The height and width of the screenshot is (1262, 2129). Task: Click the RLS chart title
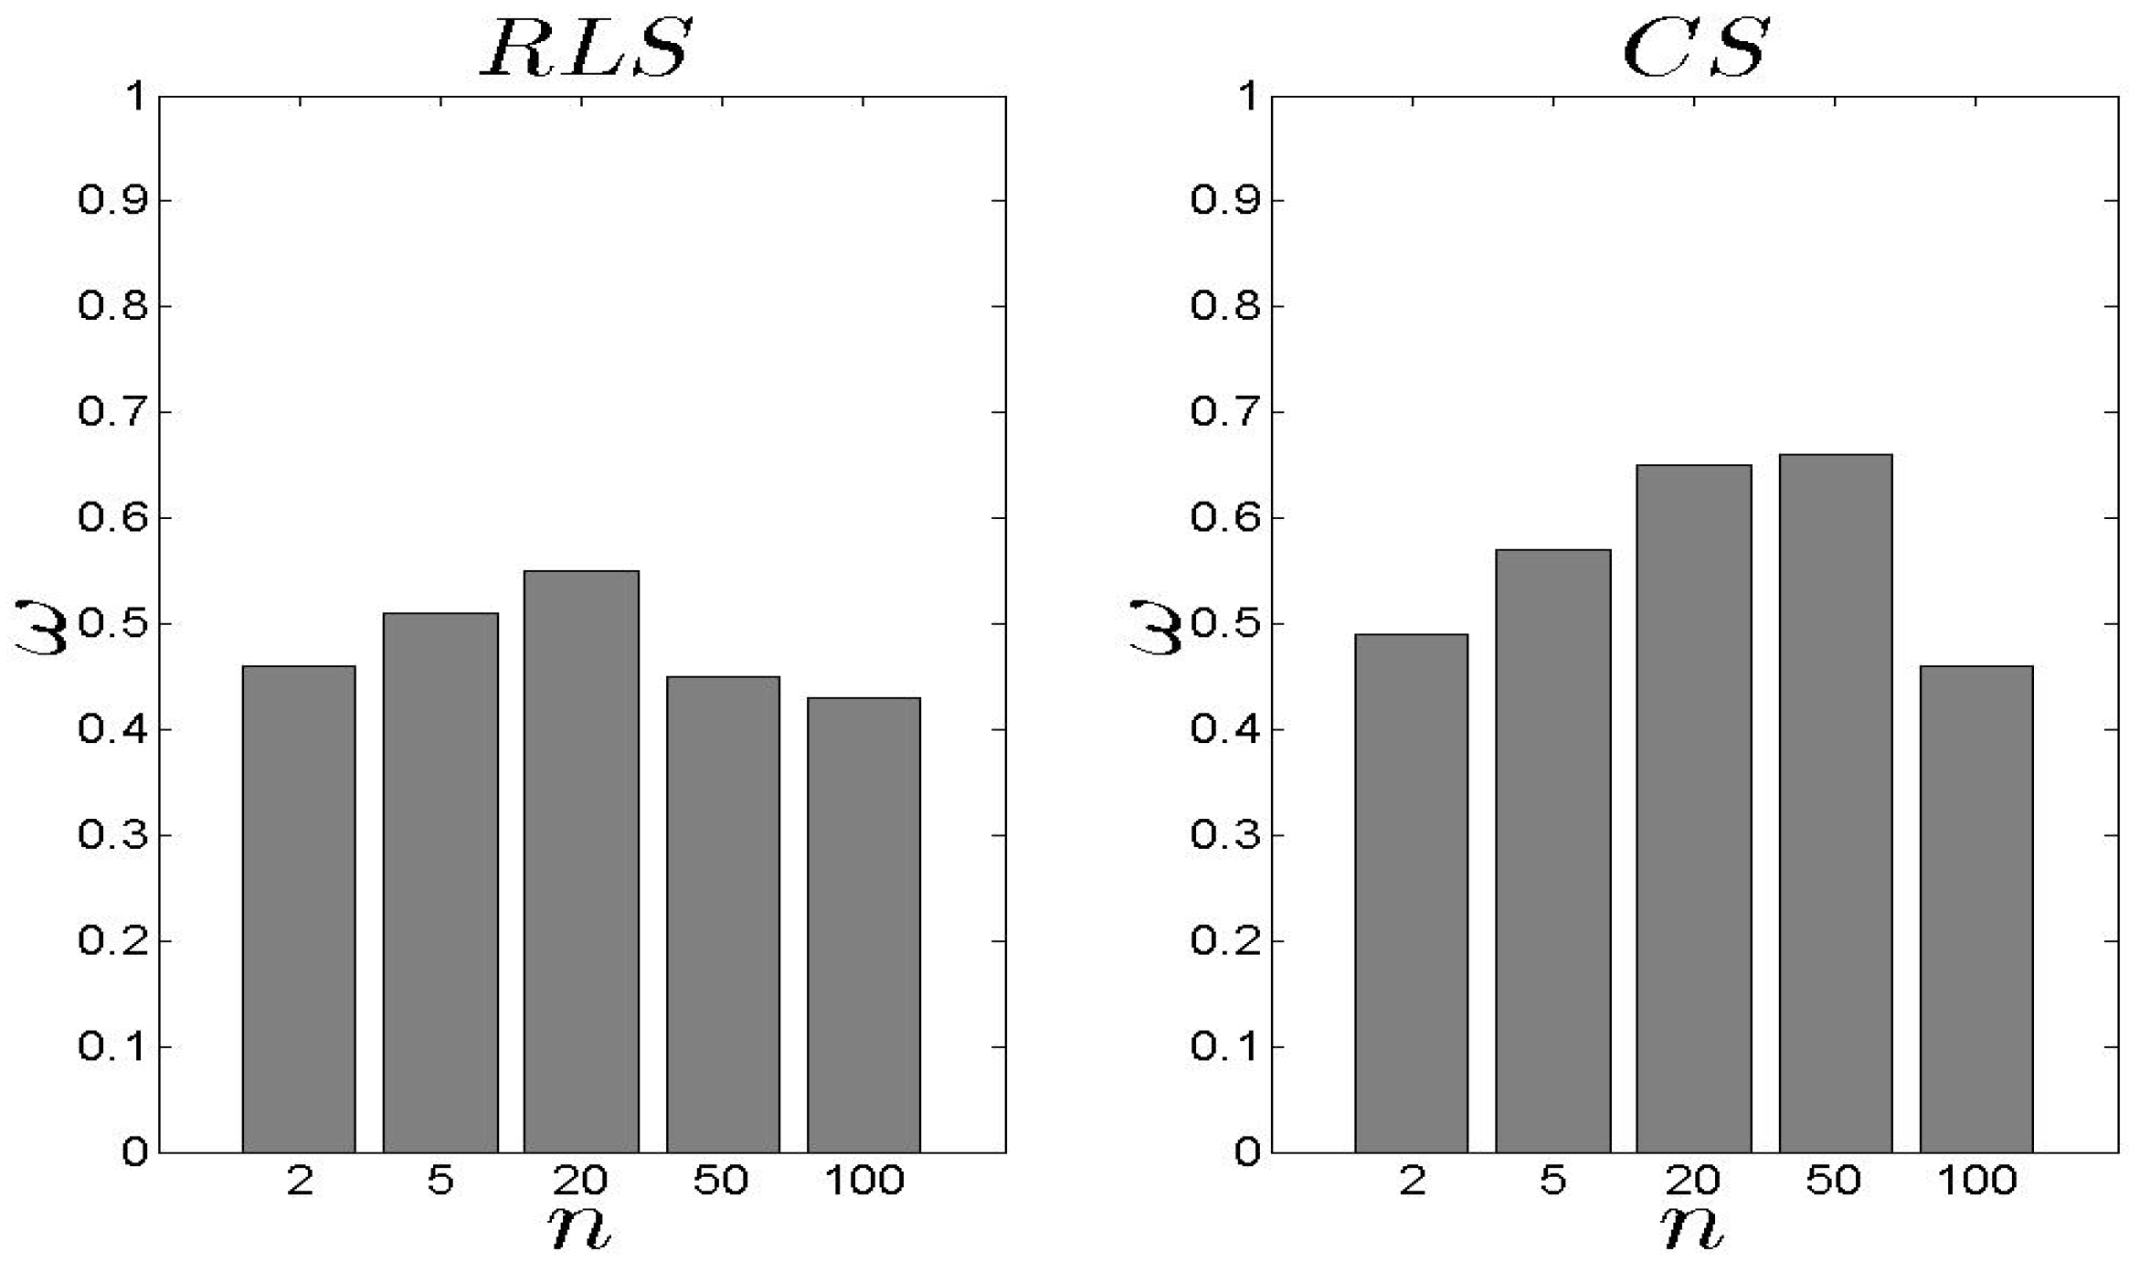pos(585,48)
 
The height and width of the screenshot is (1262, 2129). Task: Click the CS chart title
pos(1696,48)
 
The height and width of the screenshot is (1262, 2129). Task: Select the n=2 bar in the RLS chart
pos(299,909)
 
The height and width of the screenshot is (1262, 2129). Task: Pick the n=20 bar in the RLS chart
pos(581,862)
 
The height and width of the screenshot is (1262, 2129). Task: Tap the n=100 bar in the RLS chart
pos(863,925)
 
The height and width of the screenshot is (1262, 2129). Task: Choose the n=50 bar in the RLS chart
pos(723,914)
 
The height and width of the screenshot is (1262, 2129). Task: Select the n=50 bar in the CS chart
pos(1835,803)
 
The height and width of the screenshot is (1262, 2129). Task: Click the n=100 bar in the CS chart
pos(1976,909)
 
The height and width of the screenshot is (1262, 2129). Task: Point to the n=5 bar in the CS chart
pos(1553,851)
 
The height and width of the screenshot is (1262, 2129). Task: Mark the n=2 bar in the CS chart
pos(1412,893)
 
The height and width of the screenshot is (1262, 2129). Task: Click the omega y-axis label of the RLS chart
pos(40,627)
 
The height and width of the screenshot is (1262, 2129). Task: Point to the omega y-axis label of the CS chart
pos(1155,627)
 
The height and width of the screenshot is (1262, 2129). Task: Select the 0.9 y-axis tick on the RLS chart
pos(112,200)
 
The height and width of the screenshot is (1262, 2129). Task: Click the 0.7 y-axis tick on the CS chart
pos(1225,412)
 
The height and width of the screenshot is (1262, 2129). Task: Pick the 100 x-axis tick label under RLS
pos(864,1181)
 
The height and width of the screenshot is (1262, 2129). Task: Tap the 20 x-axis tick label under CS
pos(1693,1181)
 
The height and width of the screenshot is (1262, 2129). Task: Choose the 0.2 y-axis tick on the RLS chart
pos(112,941)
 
